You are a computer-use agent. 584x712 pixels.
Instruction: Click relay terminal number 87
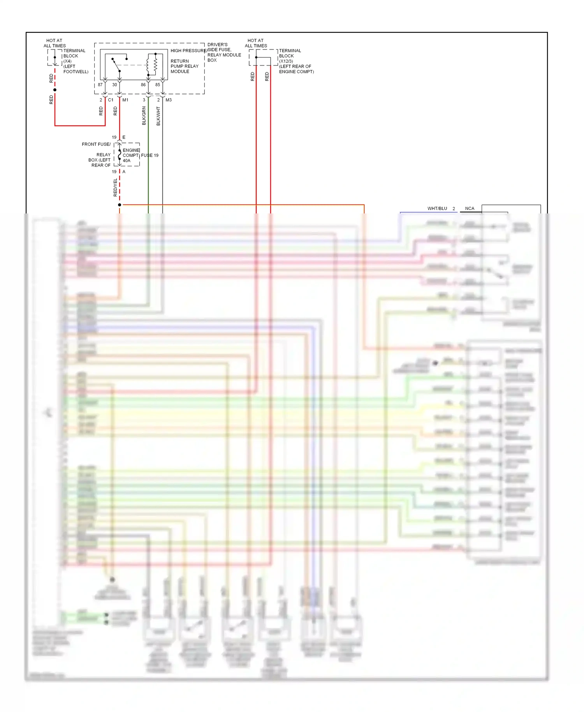click(x=100, y=85)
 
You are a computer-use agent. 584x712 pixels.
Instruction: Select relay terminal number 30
click(x=114, y=85)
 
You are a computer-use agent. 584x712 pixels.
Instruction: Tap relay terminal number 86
click(x=143, y=85)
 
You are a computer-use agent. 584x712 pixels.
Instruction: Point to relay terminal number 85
click(x=158, y=85)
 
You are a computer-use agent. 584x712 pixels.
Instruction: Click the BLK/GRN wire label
click(x=144, y=116)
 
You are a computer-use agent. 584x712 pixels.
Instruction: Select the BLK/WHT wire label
click(x=158, y=116)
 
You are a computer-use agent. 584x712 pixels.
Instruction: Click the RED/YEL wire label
click(x=115, y=187)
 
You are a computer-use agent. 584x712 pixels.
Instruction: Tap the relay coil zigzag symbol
click(x=155, y=65)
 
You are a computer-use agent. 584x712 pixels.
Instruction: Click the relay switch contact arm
click(x=116, y=65)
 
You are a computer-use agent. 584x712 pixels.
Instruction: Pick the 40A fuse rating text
click(x=127, y=160)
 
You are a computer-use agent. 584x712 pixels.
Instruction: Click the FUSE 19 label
click(x=150, y=155)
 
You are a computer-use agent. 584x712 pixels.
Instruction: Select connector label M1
click(x=125, y=100)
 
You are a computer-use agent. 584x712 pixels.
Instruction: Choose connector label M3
click(x=169, y=100)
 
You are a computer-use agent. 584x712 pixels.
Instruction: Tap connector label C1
click(x=111, y=100)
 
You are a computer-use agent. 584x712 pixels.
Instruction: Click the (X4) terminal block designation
click(x=67, y=61)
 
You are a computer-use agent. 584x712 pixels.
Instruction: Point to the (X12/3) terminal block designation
click(x=286, y=61)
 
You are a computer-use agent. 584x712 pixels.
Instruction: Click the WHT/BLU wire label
click(x=437, y=208)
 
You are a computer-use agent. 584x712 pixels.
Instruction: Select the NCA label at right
click(x=470, y=208)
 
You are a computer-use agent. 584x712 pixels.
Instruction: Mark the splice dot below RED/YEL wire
click(x=120, y=205)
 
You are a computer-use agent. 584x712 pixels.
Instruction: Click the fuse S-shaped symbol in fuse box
click(x=120, y=155)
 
